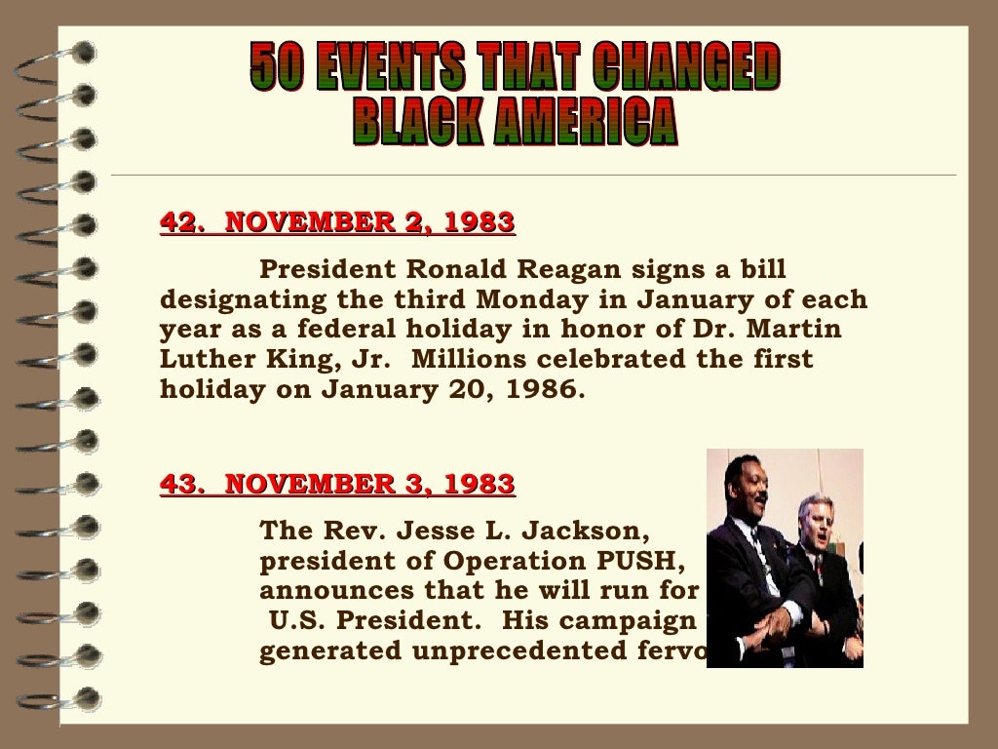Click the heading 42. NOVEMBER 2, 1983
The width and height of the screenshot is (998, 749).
coord(337,223)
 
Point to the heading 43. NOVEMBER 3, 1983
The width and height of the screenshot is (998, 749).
coord(337,484)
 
